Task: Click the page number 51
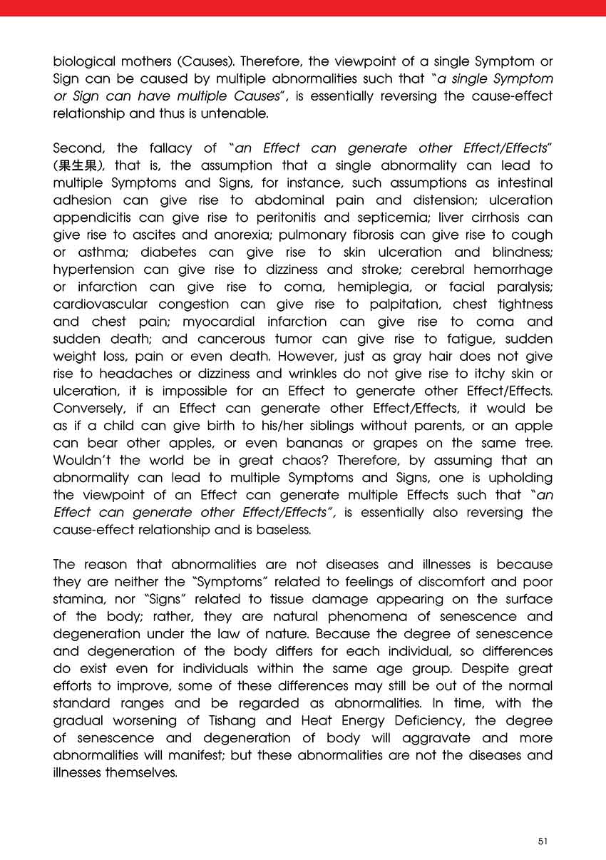coord(543,841)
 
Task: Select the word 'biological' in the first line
coord(81,62)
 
